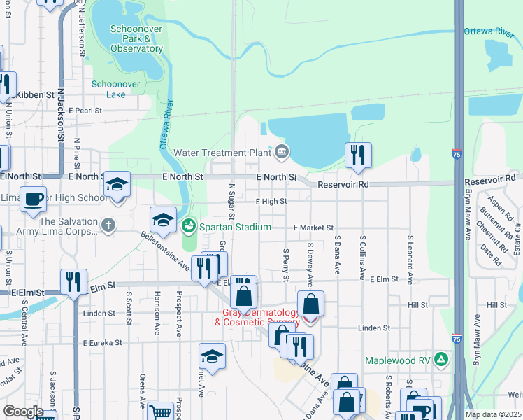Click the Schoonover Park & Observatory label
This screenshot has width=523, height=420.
(x=136, y=39)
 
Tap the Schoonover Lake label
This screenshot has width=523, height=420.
(x=116, y=89)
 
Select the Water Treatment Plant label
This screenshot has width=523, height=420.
(x=222, y=153)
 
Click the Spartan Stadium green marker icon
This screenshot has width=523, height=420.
(x=188, y=227)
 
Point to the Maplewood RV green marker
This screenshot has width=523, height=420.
(x=441, y=360)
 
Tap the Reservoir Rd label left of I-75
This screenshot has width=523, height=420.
(x=343, y=185)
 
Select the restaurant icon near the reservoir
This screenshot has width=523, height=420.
(x=358, y=155)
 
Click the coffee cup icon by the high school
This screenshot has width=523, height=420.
(x=33, y=199)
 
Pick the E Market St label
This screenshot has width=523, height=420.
(x=314, y=227)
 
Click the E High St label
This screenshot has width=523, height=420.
(x=271, y=202)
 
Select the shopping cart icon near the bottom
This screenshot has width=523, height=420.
(x=161, y=412)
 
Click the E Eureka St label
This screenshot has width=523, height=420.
(x=102, y=343)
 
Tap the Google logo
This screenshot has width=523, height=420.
(x=23, y=412)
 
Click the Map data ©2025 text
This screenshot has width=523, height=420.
(x=492, y=414)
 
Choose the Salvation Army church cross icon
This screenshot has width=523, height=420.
(x=107, y=225)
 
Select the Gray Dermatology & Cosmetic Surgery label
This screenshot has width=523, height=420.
(x=261, y=317)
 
